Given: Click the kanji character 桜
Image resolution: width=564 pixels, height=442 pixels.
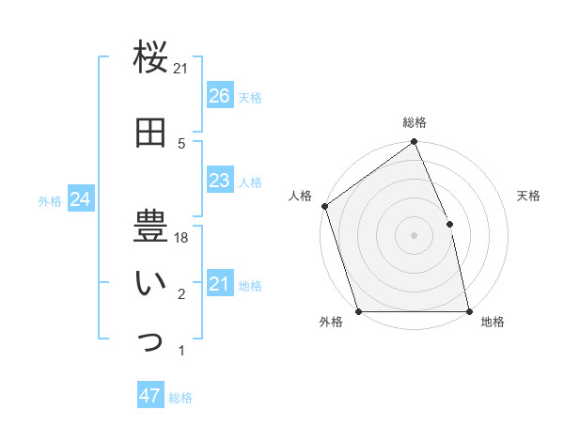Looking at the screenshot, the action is (150, 57).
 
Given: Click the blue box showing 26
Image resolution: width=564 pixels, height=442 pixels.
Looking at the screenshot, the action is (220, 96).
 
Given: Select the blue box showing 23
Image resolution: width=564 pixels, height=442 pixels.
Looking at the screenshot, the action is (220, 181).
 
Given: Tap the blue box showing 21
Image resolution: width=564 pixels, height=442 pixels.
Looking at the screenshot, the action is (220, 284).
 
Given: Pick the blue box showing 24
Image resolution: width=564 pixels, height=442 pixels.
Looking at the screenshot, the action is (80, 199).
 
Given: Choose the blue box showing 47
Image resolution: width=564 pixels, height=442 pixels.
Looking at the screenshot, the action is (150, 396).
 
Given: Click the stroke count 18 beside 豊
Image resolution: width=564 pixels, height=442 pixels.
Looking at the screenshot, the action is (181, 239).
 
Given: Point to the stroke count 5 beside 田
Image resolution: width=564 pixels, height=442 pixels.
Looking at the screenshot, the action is (181, 143).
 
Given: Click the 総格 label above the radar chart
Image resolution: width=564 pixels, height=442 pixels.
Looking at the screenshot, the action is (415, 122).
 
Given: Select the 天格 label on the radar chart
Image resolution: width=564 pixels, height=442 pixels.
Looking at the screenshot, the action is (528, 197).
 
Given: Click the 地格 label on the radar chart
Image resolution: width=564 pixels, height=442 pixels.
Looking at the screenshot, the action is (493, 323).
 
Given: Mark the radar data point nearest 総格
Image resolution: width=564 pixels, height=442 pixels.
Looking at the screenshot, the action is (415, 143).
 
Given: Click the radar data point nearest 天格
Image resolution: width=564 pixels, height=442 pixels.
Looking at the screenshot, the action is (449, 224).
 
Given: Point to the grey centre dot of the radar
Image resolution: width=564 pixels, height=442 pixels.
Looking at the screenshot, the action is (415, 235).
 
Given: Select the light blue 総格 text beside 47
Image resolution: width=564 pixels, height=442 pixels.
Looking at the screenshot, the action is (180, 398).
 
